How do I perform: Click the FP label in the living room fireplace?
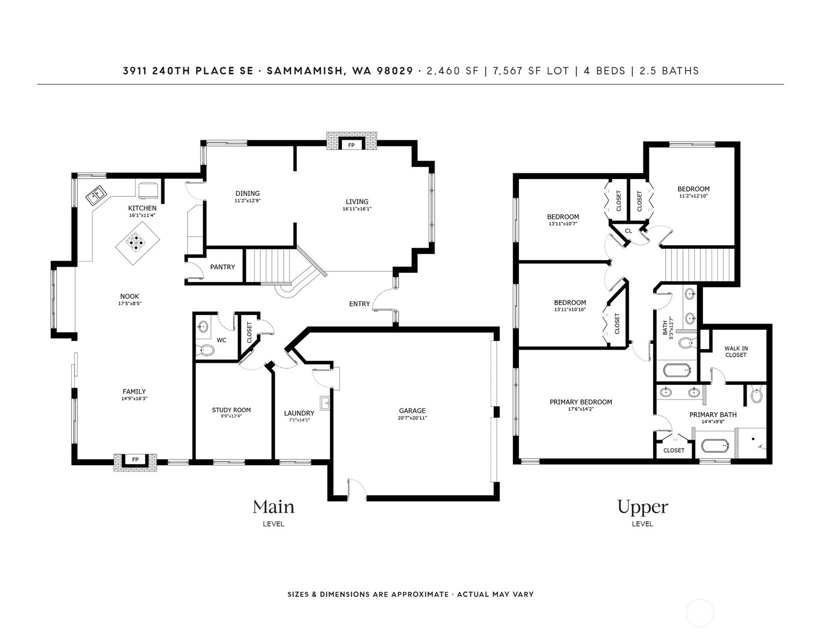(351, 145)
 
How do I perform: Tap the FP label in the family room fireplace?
(135, 459)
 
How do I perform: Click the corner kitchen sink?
(95, 195)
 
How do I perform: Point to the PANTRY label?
(222, 267)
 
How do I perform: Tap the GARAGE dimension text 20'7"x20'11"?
(413, 418)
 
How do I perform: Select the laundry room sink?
(326, 403)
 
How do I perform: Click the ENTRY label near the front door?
(359, 304)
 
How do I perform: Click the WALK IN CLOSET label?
(736, 352)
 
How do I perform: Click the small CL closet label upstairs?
(628, 231)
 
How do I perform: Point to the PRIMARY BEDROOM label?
(581, 402)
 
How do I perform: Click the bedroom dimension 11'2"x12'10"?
(693, 196)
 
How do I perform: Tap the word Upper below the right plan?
(642, 507)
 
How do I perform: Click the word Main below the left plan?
(273, 507)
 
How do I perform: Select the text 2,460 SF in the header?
(452, 71)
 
